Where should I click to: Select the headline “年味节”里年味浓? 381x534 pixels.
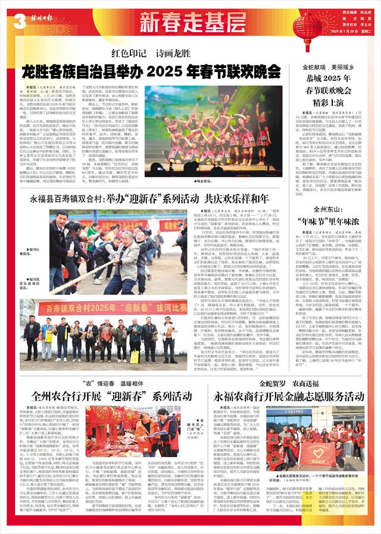336,221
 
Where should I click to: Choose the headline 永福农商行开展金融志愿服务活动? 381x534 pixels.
288,396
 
